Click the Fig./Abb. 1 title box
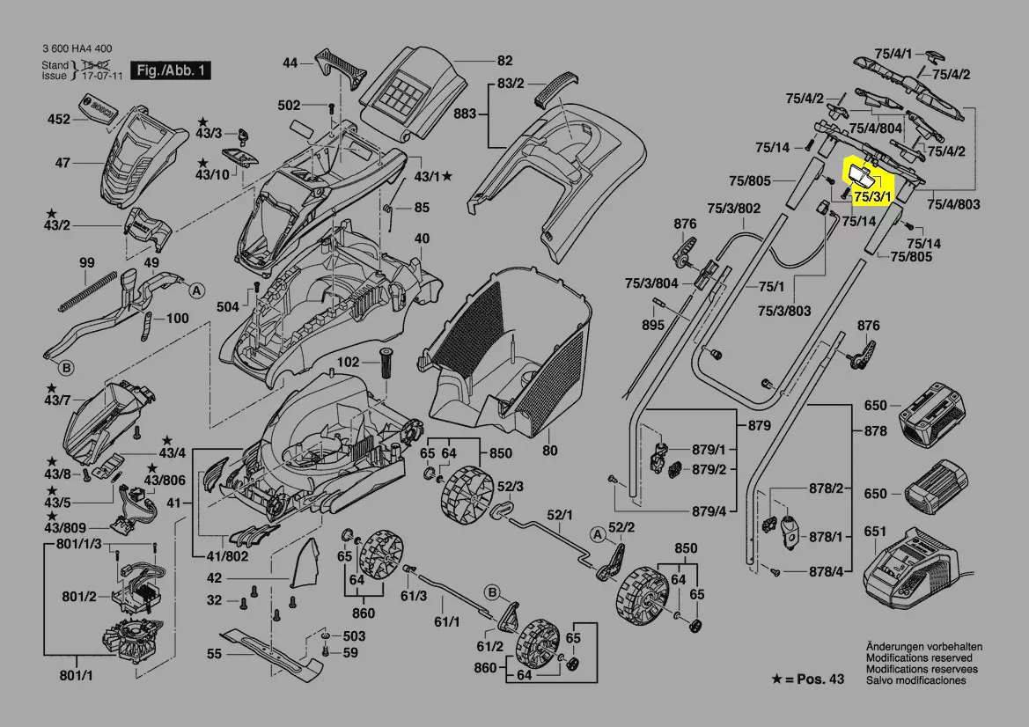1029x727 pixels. (170, 70)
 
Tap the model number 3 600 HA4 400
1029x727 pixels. (77, 48)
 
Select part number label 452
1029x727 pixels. (58, 119)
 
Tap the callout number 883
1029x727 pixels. (466, 114)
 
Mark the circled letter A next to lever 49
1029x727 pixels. (196, 290)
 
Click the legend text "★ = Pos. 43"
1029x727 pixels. (807, 679)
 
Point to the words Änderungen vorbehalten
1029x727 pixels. (923, 647)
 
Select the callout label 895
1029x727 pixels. (652, 325)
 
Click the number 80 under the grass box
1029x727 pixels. (550, 452)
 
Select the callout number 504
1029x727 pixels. (228, 306)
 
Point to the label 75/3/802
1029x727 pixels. (734, 209)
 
